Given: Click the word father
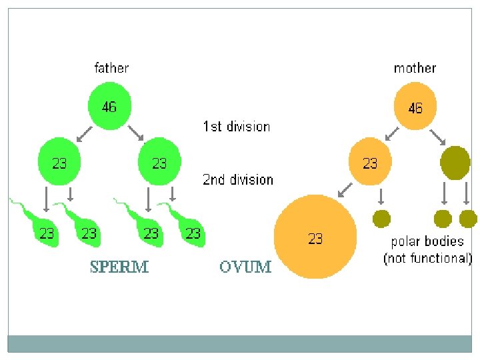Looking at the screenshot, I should [111, 67].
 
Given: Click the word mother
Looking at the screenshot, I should [415, 67].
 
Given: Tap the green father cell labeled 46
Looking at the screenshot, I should [110, 106].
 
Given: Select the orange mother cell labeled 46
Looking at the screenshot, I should [415, 107].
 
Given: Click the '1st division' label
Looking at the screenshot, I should [237, 126].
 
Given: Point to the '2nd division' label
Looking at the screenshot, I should [238, 179].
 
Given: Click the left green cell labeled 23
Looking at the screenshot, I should [60, 162].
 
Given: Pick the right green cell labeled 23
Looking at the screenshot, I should [159, 162].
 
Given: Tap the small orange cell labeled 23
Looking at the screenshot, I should [370, 163].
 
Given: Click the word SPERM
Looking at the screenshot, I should [119, 267].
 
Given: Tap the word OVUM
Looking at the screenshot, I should [245, 267].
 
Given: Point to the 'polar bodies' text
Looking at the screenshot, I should [427, 241].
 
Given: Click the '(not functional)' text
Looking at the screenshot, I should [427, 258].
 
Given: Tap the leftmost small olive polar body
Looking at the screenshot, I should [381, 218].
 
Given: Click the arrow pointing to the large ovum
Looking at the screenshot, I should [345, 191].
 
